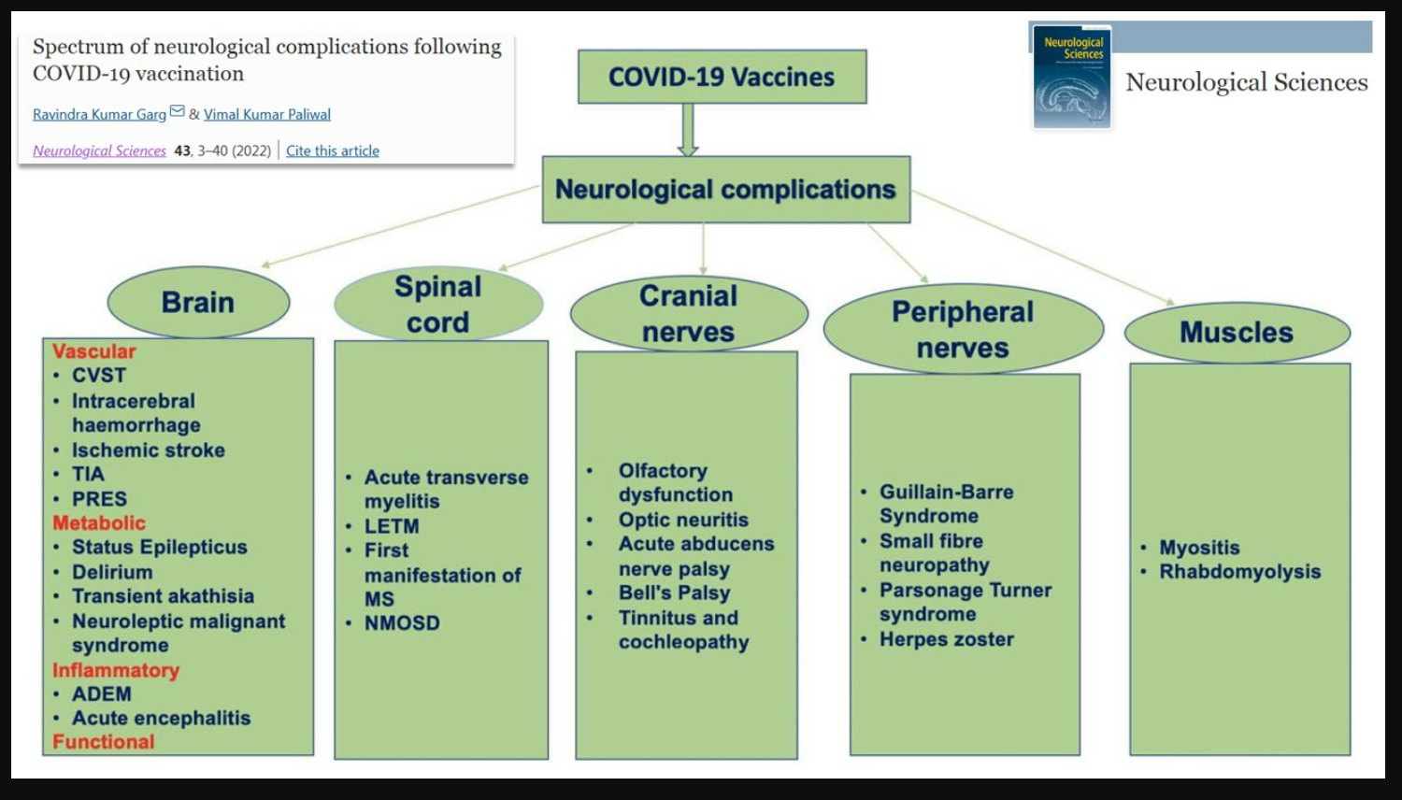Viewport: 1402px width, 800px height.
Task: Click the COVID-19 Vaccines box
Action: [x=722, y=77]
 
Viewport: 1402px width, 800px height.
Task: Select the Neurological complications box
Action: [x=725, y=190]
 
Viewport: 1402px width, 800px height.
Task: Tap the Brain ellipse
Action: [x=198, y=302]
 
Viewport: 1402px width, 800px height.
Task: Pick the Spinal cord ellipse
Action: [x=437, y=304]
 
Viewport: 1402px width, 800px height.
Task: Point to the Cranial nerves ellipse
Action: [x=688, y=313]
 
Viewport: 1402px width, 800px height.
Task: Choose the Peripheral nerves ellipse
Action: [x=963, y=329]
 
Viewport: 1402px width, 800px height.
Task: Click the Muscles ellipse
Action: [x=1237, y=332]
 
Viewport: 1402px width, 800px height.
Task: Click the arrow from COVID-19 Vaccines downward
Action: [x=688, y=129]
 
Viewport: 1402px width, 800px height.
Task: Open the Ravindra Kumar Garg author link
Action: [x=99, y=114]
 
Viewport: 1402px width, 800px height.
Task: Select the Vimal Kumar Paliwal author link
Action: [x=267, y=114]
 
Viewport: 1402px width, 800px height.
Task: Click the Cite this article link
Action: [x=333, y=150]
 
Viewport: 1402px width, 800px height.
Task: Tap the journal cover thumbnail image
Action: [x=1072, y=78]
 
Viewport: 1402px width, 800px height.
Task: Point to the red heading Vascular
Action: [x=93, y=351]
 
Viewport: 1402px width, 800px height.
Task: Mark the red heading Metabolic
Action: [x=99, y=523]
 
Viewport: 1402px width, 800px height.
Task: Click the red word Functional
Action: [x=104, y=742]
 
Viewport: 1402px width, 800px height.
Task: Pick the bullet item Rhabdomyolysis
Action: [x=1239, y=572]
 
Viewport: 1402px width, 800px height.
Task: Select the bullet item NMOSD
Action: [x=402, y=623]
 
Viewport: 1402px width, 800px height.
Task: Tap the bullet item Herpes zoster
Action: [x=946, y=639]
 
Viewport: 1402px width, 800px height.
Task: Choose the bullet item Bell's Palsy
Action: [x=674, y=593]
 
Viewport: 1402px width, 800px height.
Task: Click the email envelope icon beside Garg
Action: [x=178, y=112]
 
